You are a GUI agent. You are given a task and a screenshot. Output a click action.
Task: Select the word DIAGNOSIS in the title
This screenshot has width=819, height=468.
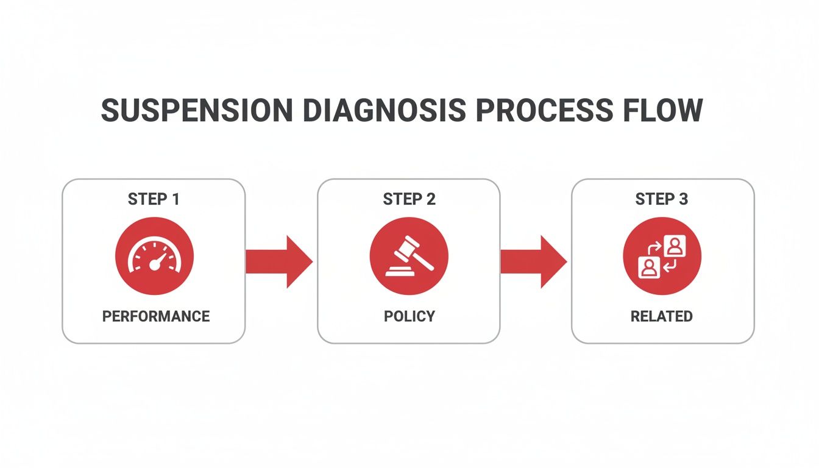tap(385, 110)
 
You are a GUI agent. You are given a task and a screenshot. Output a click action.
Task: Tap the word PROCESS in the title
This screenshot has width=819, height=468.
tap(544, 110)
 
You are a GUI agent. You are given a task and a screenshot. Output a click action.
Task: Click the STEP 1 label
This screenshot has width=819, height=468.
tap(154, 199)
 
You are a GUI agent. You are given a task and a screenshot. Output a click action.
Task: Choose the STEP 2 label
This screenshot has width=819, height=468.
tap(409, 199)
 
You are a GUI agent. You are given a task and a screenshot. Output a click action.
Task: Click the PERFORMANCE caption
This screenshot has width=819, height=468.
tap(155, 316)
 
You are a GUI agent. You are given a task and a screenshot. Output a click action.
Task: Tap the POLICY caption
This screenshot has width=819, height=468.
tap(409, 316)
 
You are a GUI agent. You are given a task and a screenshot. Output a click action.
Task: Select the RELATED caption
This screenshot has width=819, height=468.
tap(661, 316)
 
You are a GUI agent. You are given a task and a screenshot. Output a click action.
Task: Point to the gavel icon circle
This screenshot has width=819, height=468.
tap(409, 256)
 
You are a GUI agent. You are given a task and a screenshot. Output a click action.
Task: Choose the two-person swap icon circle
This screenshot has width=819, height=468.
tap(662, 256)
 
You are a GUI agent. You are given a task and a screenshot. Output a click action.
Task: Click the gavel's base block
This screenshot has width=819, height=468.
tap(399, 272)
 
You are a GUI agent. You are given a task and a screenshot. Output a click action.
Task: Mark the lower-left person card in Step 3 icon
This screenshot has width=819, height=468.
tap(649, 267)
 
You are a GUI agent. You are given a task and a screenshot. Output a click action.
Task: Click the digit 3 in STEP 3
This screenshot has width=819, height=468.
tap(684, 199)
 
